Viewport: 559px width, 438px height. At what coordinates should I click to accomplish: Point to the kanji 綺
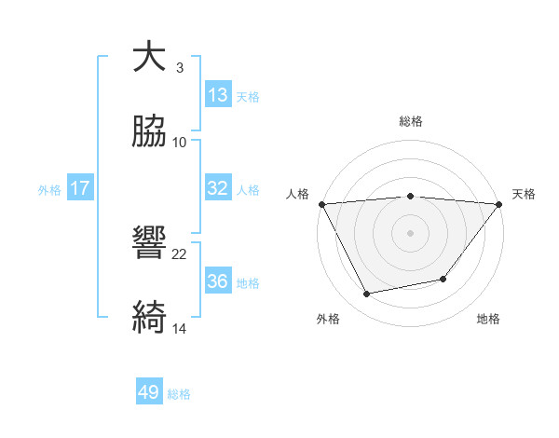(149, 318)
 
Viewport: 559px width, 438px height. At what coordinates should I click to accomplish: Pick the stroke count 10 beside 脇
(180, 142)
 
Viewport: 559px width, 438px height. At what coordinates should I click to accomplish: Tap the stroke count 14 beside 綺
(180, 328)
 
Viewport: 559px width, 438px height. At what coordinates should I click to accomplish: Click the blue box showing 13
(217, 95)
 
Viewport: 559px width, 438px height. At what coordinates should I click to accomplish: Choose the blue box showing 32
(217, 188)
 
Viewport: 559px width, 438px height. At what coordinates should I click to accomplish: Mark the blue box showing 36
(217, 281)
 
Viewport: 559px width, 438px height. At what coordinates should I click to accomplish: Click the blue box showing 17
(80, 188)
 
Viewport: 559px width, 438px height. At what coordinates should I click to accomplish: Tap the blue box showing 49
(149, 393)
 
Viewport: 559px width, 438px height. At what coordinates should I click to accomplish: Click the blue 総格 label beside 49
(179, 395)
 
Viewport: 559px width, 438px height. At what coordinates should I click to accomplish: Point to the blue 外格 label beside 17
(49, 190)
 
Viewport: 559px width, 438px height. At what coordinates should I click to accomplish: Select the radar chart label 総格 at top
(411, 121)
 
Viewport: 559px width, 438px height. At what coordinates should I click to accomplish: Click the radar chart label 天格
(524, 194)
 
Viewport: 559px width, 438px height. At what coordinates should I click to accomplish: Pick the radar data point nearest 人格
(321, 204)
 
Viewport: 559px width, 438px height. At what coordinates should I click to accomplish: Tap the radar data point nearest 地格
(443, 279)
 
